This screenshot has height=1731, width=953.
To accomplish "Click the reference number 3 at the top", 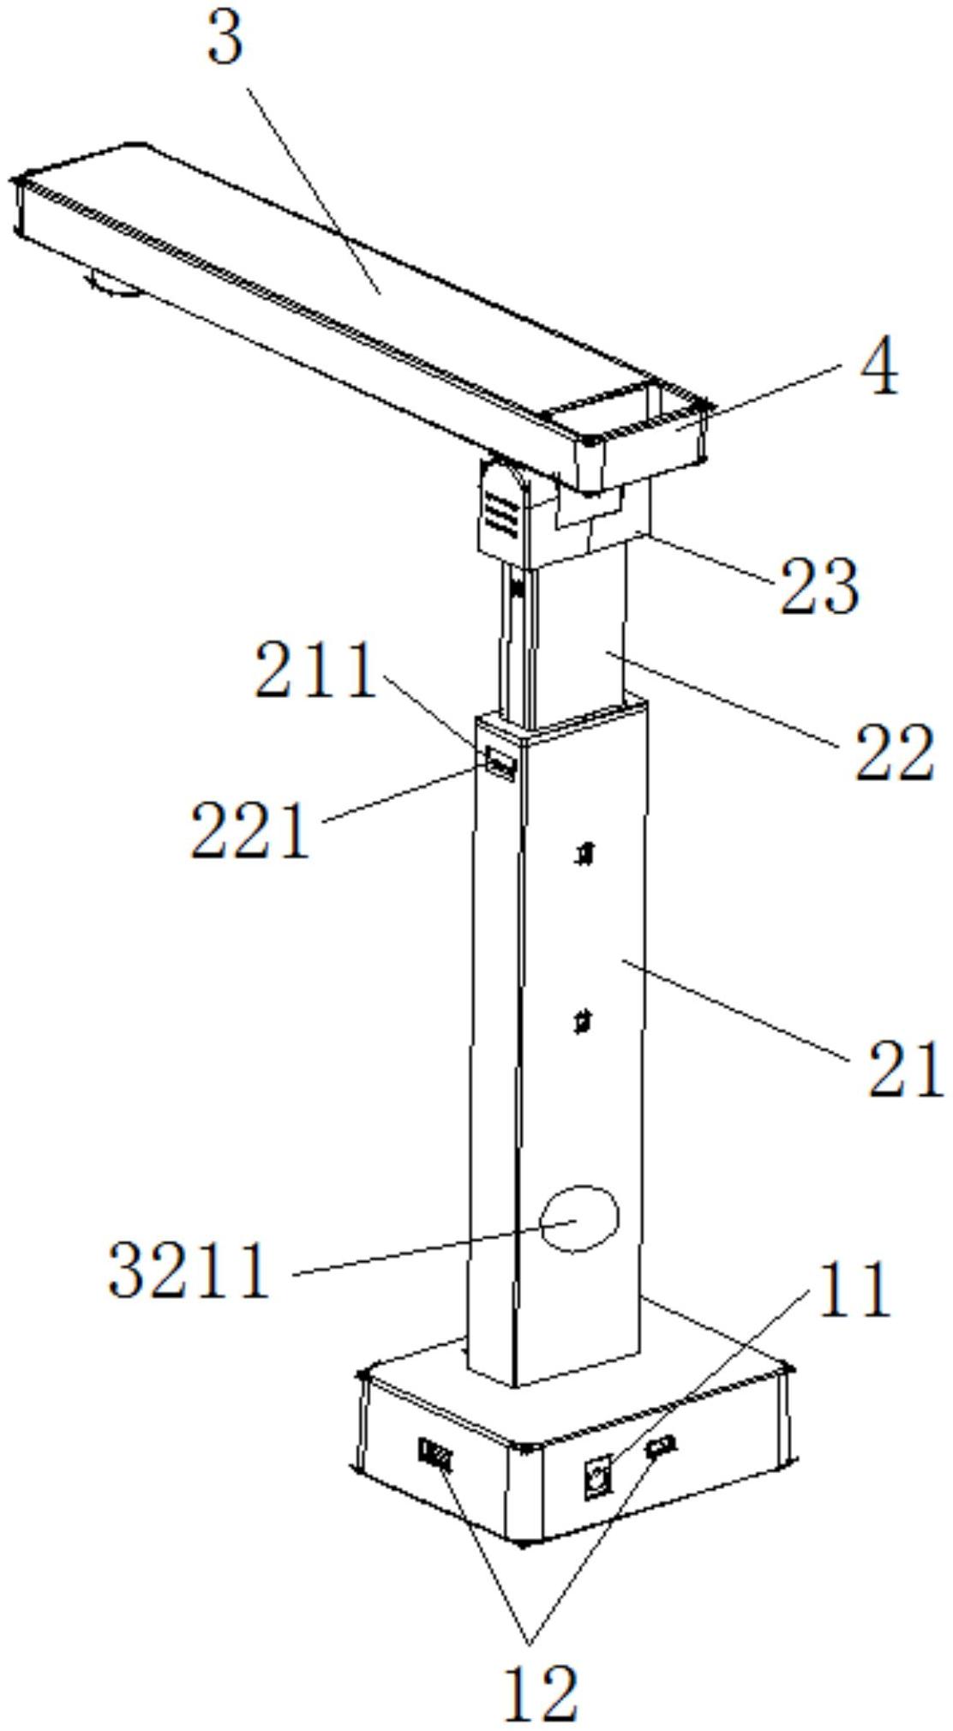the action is (226, 39).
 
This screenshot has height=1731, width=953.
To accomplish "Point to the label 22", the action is (893, 752).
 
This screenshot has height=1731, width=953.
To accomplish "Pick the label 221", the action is (249, 829).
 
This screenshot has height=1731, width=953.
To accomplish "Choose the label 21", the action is (905, 1067).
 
